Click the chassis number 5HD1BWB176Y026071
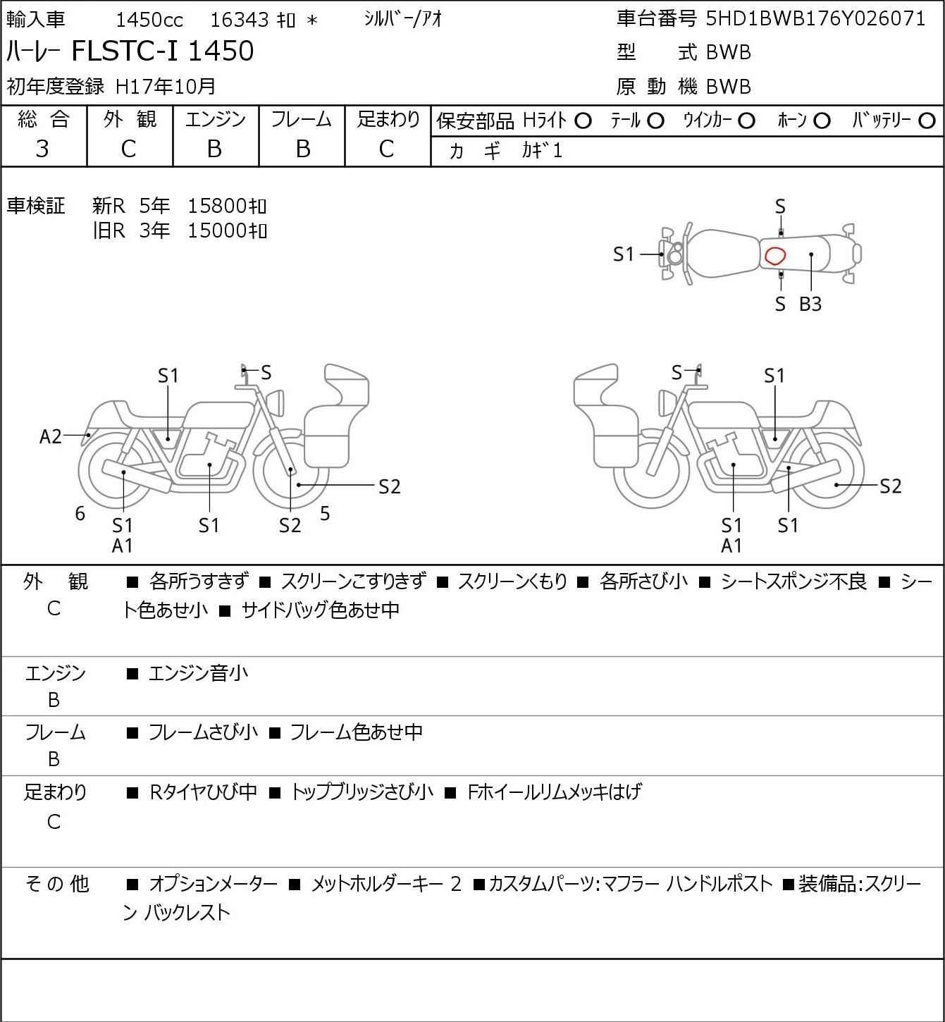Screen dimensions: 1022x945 coord(815,19)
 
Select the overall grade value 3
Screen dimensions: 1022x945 coord(42,149)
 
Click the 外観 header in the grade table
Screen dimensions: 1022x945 coord(130,120)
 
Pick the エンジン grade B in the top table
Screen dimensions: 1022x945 coord(215,149)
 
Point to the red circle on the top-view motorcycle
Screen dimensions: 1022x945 coord(775,255)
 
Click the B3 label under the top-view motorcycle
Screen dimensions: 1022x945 coord(810,304)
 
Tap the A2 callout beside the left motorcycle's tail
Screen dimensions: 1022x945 coord(51,437)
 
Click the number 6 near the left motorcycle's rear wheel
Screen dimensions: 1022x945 coord(80,514)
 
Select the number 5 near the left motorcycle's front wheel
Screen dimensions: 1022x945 coord(325,514)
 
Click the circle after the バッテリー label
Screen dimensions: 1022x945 coord(927,121)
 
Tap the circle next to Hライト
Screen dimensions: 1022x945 coord(583,121)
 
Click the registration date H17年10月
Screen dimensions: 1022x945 coord(166,86)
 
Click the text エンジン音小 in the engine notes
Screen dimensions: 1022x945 coord(199,674)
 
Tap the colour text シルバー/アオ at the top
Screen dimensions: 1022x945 coord(403,19)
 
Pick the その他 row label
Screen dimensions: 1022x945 coord(56,884)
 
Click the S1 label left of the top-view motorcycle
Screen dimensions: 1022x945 coord(624,254)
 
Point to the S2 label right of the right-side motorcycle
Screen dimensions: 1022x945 coord(891,486)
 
